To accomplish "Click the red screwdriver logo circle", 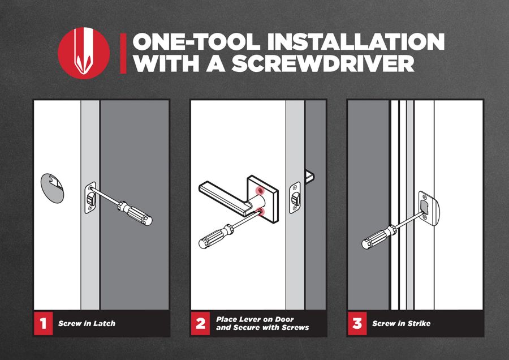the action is [84, 53].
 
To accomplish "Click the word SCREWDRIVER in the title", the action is [323, 63].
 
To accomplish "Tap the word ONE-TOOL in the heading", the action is [196, 41].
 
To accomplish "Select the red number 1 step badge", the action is [43, 323].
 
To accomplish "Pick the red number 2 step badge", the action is [200, 323].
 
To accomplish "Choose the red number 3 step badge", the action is [357, 323].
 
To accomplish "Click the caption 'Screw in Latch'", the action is [87, 323].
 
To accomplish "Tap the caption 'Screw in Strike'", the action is [401, 323].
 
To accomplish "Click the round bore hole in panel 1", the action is [52, 188].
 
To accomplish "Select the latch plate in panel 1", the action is [90, 198].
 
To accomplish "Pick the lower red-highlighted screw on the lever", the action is [261, 212].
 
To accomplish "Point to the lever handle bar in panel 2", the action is [224, 197].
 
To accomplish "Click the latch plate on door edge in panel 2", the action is [295, 198].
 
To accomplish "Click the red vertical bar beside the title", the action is [123, 53].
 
